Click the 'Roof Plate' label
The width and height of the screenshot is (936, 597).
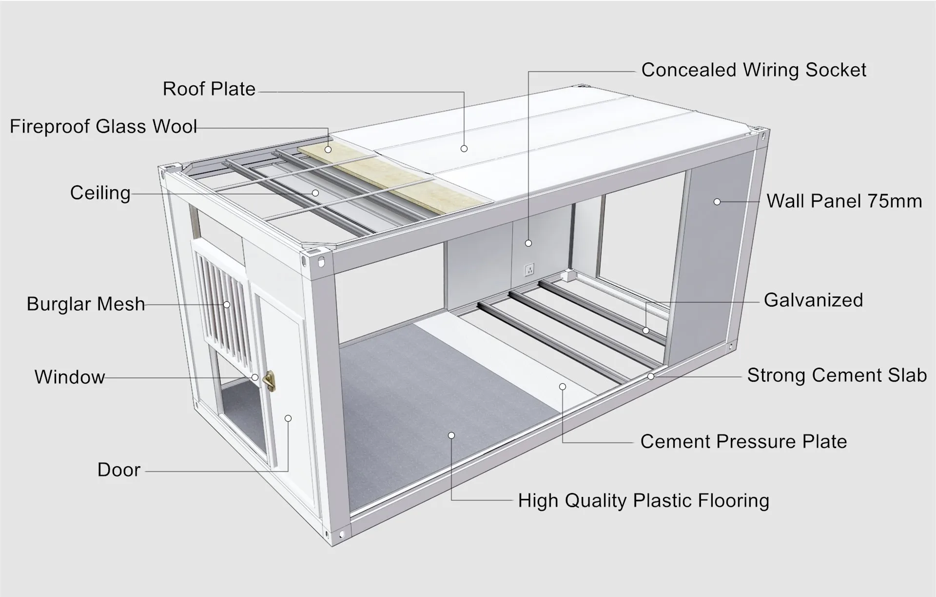[x=209, y=89]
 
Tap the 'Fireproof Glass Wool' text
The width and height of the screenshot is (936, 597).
[x=103, y=127]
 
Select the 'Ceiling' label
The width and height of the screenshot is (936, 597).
[x=100, y=193]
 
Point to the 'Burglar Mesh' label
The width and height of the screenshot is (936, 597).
[x=86, y=304]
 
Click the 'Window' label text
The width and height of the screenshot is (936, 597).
[x=70, y=377]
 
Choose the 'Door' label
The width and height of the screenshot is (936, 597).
[x=119, y=470]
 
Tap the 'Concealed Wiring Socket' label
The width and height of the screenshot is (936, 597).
[x=753, y=70]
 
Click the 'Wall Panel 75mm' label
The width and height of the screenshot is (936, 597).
[x=844, y=201]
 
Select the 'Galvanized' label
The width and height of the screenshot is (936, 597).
[x=813, y=300]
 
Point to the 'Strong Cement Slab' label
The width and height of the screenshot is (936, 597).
[x=837, y=376]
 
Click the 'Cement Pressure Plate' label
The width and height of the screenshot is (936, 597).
[x=743, y=442]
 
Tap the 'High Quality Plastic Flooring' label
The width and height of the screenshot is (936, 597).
[x=643, y=501]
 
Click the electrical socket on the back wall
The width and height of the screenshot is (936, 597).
[x=529, y=269]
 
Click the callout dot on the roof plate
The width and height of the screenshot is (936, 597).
[x=464, y=148]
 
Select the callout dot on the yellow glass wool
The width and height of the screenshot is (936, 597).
[x=329, y=149]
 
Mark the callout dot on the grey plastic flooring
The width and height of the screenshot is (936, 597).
[x=451, y=436]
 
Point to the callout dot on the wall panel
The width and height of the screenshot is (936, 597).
[x=717, y=201]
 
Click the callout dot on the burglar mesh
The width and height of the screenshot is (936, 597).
[x=227, y=305]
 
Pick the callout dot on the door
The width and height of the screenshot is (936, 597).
[x=288, y=418]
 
